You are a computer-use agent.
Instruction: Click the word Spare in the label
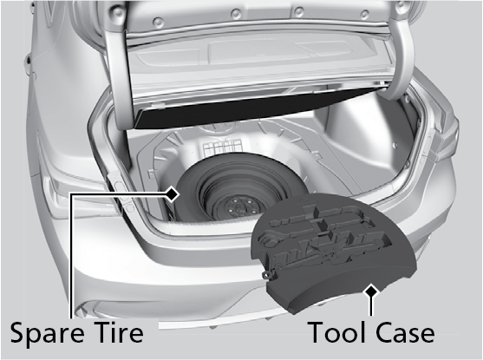(47, 334)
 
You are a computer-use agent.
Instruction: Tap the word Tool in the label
(338, 332)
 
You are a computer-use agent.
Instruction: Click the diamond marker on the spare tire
(173, 194)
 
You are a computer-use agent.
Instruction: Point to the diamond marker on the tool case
(371, 291)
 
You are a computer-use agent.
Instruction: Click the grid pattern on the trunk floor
(221, 147)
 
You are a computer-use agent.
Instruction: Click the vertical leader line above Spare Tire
(71, 256)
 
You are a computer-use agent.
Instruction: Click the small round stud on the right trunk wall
(394, 144)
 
